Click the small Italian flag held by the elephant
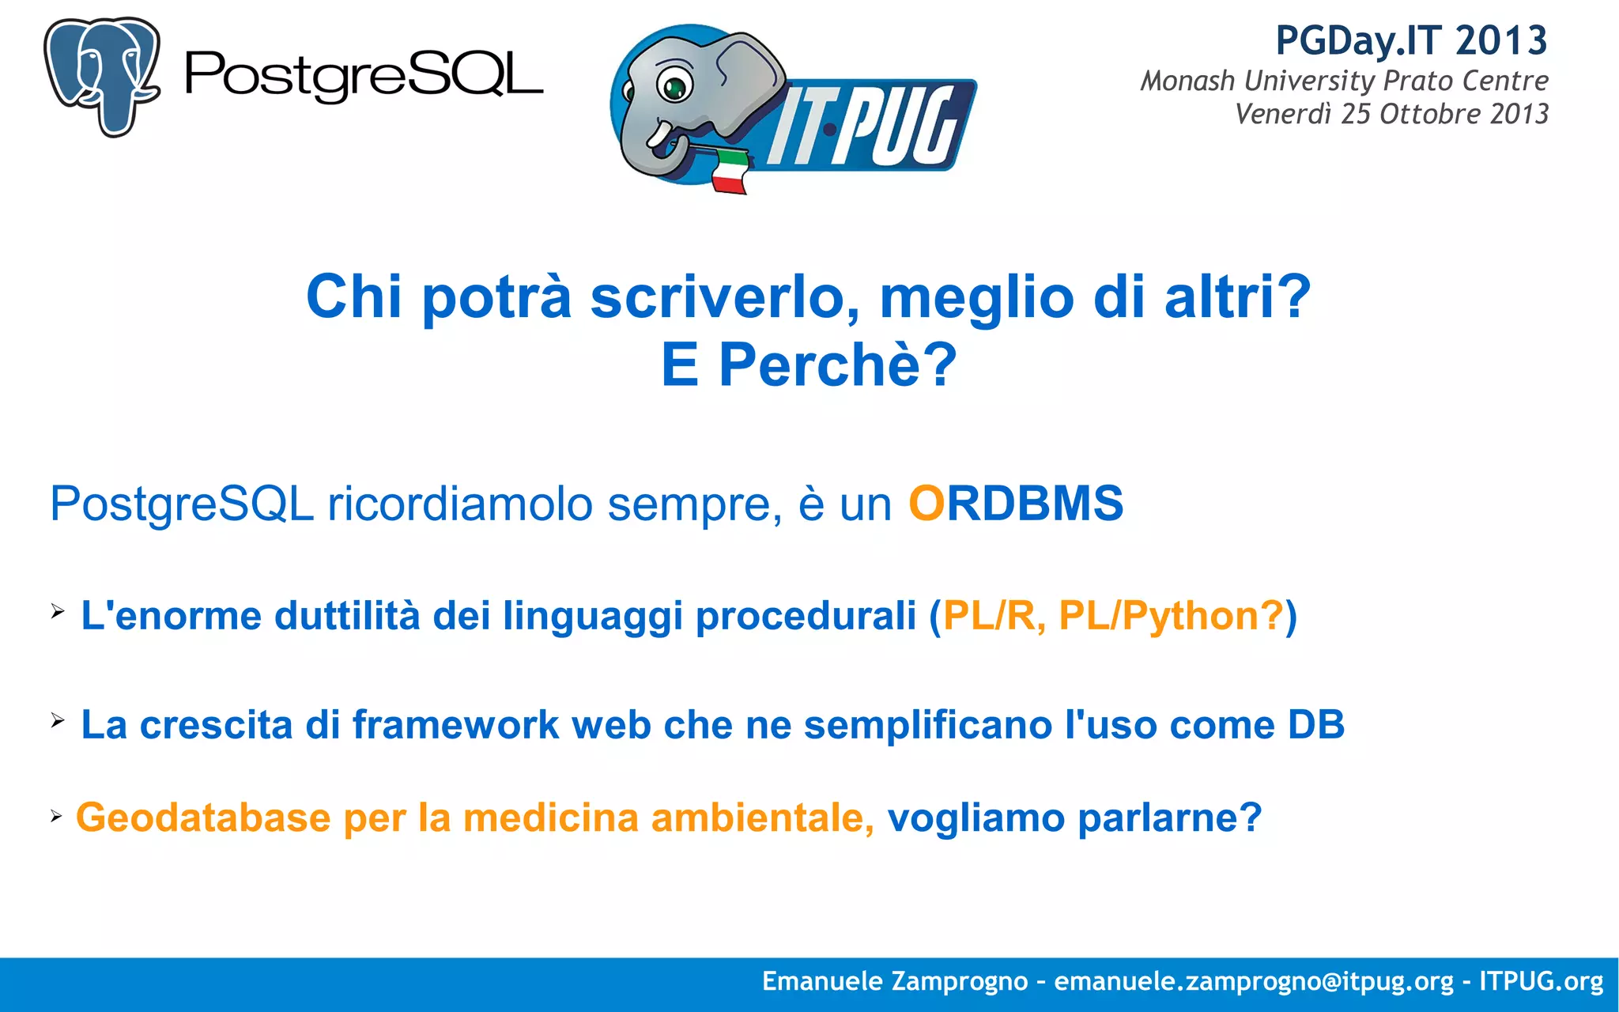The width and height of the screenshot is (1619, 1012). pos(729,169)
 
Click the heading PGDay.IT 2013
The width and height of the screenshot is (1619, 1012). pos(1411,41)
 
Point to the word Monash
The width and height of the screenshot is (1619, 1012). pos(1187,81)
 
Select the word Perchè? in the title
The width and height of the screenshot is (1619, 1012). pos(837,365)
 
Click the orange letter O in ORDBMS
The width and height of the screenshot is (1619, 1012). pos(926,504)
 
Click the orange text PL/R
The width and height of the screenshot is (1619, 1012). pos(989,616)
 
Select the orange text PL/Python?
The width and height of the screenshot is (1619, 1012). pos(1171,616)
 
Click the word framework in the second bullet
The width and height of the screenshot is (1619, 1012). pos(455,725)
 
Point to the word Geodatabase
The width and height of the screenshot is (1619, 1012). pos(203,818)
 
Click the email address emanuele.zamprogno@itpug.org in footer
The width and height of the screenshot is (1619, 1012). pos(1254,981)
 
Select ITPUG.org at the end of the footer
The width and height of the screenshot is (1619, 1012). pos(1541,981)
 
